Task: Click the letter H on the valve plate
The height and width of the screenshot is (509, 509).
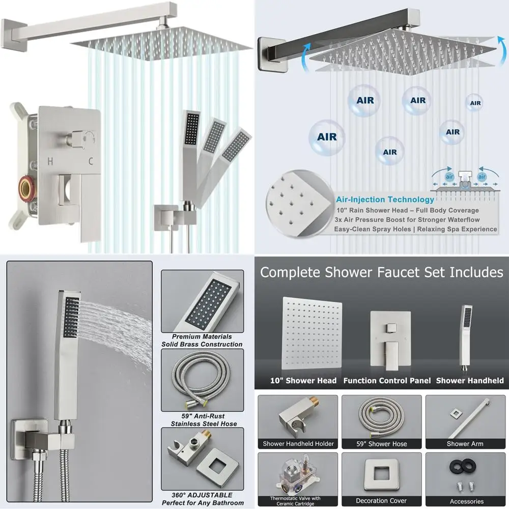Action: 50,162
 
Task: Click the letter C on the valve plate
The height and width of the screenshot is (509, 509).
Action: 90,162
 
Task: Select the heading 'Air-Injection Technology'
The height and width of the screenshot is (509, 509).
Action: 385,200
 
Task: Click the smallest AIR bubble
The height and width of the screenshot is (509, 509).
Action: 475,103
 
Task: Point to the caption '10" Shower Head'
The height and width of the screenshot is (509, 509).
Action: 303,381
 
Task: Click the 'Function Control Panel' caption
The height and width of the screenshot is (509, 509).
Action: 387,381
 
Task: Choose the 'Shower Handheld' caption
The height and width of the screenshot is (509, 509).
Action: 470,381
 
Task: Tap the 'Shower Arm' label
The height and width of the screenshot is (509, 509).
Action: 465,444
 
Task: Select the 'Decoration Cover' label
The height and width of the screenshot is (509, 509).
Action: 381,501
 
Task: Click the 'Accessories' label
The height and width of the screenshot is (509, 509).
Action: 465,501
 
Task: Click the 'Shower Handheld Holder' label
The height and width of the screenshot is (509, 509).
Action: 298,444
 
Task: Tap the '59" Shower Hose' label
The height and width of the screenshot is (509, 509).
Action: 381,444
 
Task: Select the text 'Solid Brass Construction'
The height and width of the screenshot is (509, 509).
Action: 202,344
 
